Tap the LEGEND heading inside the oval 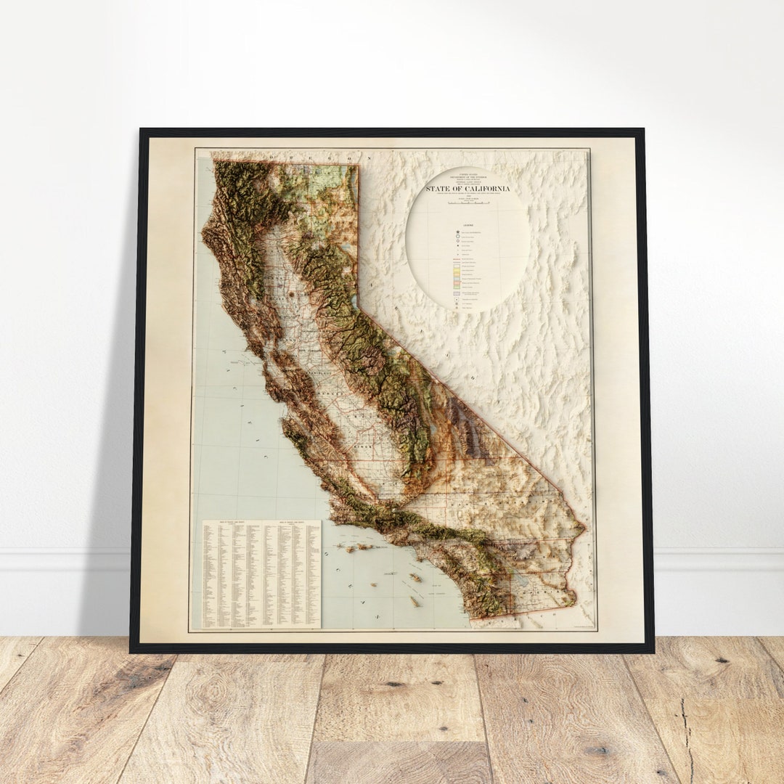(467, 225)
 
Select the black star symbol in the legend (457, 232)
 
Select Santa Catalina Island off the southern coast (416, 577)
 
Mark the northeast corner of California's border (358, 166)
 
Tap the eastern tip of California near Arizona (584, 527)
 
